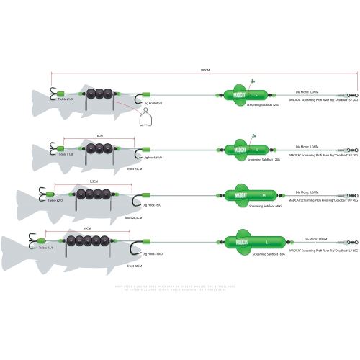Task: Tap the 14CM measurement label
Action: click(99, 135)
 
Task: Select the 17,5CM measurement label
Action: click(92, 181)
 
